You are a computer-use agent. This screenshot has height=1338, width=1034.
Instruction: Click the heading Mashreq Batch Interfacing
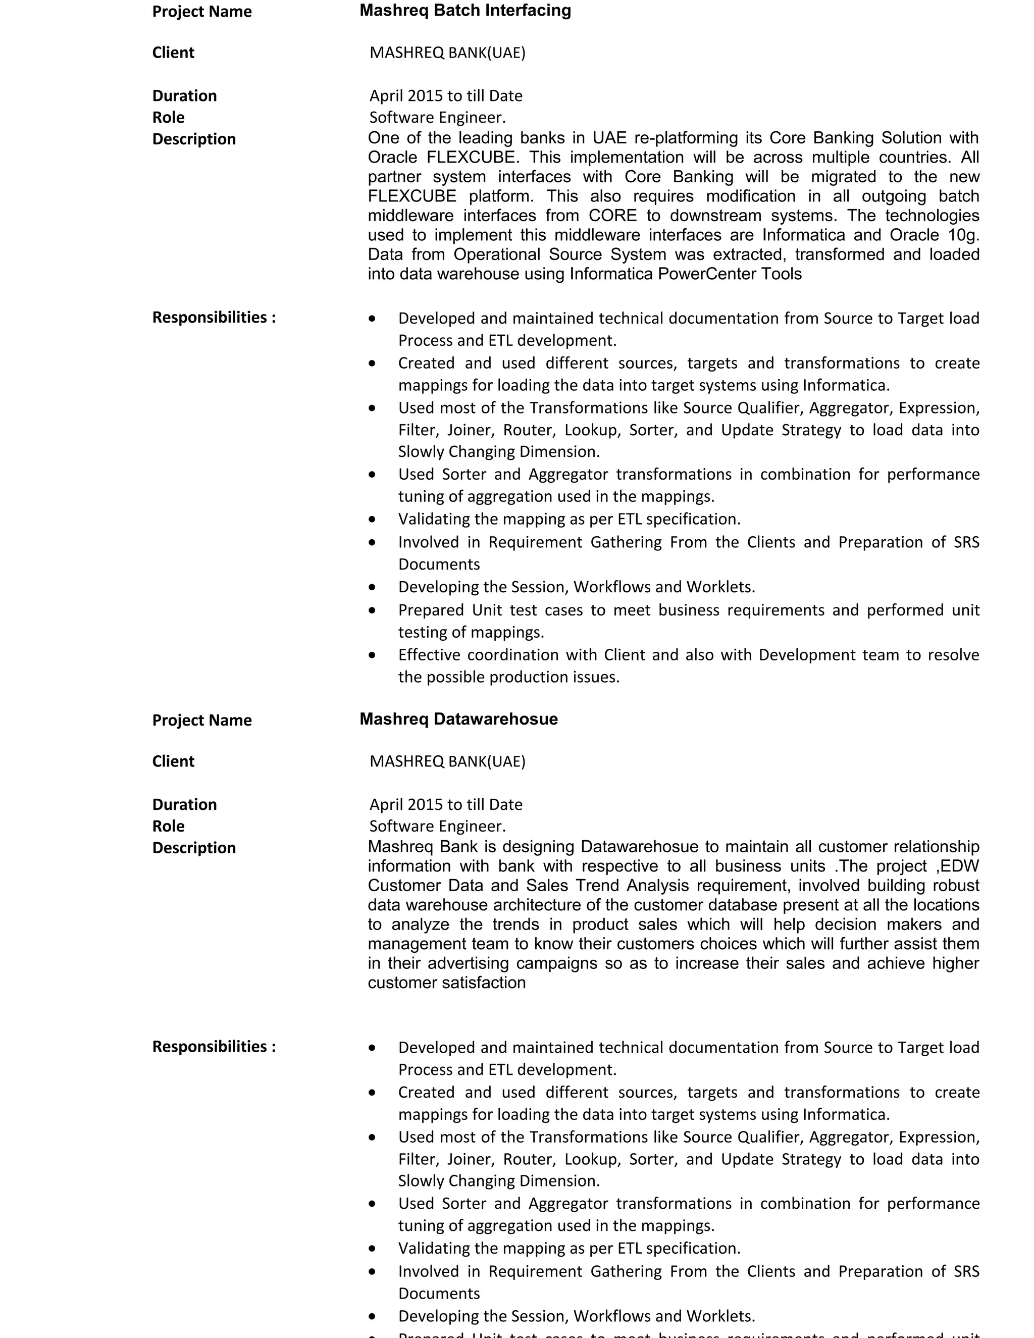coord(465,11)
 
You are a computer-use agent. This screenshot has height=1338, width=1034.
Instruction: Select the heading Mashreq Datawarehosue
coord(458,718)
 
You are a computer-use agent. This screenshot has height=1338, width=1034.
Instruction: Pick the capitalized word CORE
coord(612,216)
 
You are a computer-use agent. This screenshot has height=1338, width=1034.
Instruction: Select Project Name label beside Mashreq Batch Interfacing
coord(201,12)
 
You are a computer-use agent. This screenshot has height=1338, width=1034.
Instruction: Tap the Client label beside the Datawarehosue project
coord(173,761)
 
